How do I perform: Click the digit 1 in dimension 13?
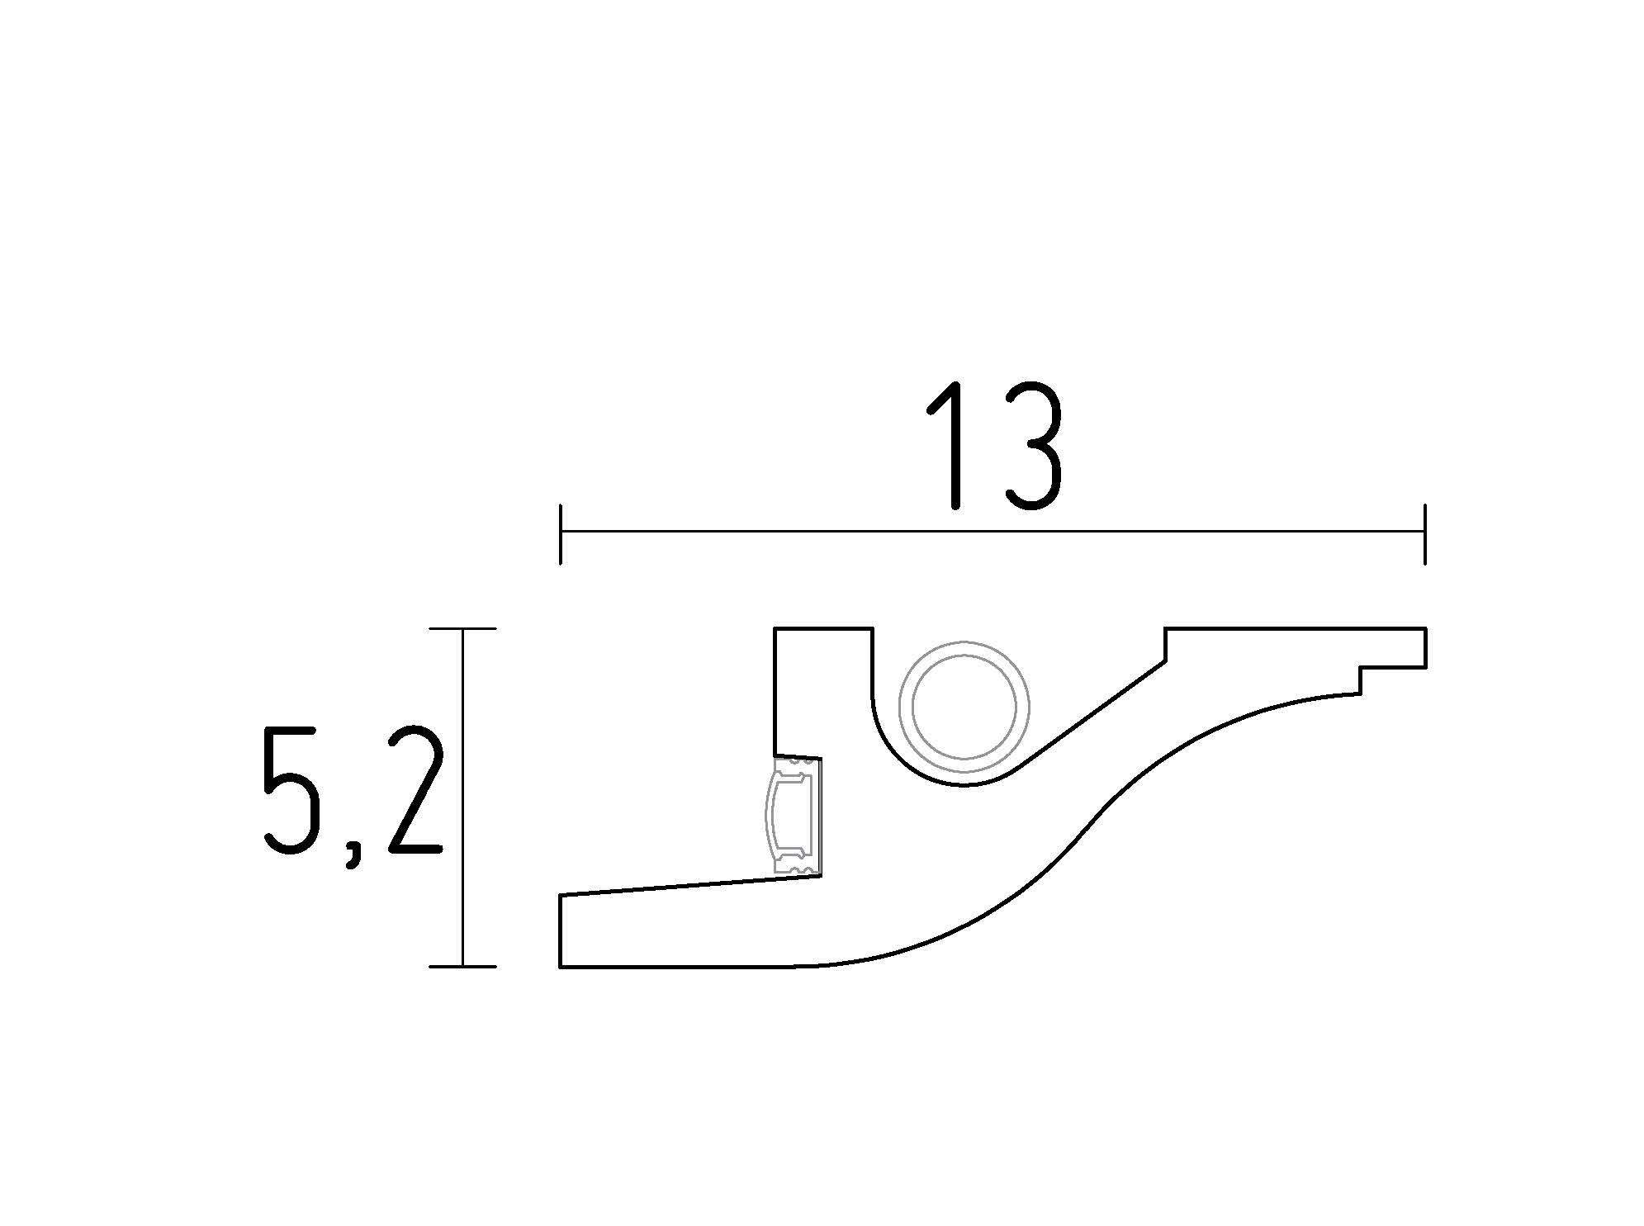949,446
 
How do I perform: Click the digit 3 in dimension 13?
1031,446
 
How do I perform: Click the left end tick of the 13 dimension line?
561,533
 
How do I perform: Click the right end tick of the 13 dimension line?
1425,533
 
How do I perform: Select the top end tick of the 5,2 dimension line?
462,629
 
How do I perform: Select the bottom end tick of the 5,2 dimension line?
462,966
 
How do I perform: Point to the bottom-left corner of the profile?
561,966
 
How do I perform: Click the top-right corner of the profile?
1426,629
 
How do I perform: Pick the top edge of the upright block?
823,629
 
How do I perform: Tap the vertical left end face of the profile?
561,930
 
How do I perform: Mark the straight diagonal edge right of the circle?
1090,716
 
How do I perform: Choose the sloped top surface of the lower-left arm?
689,886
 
